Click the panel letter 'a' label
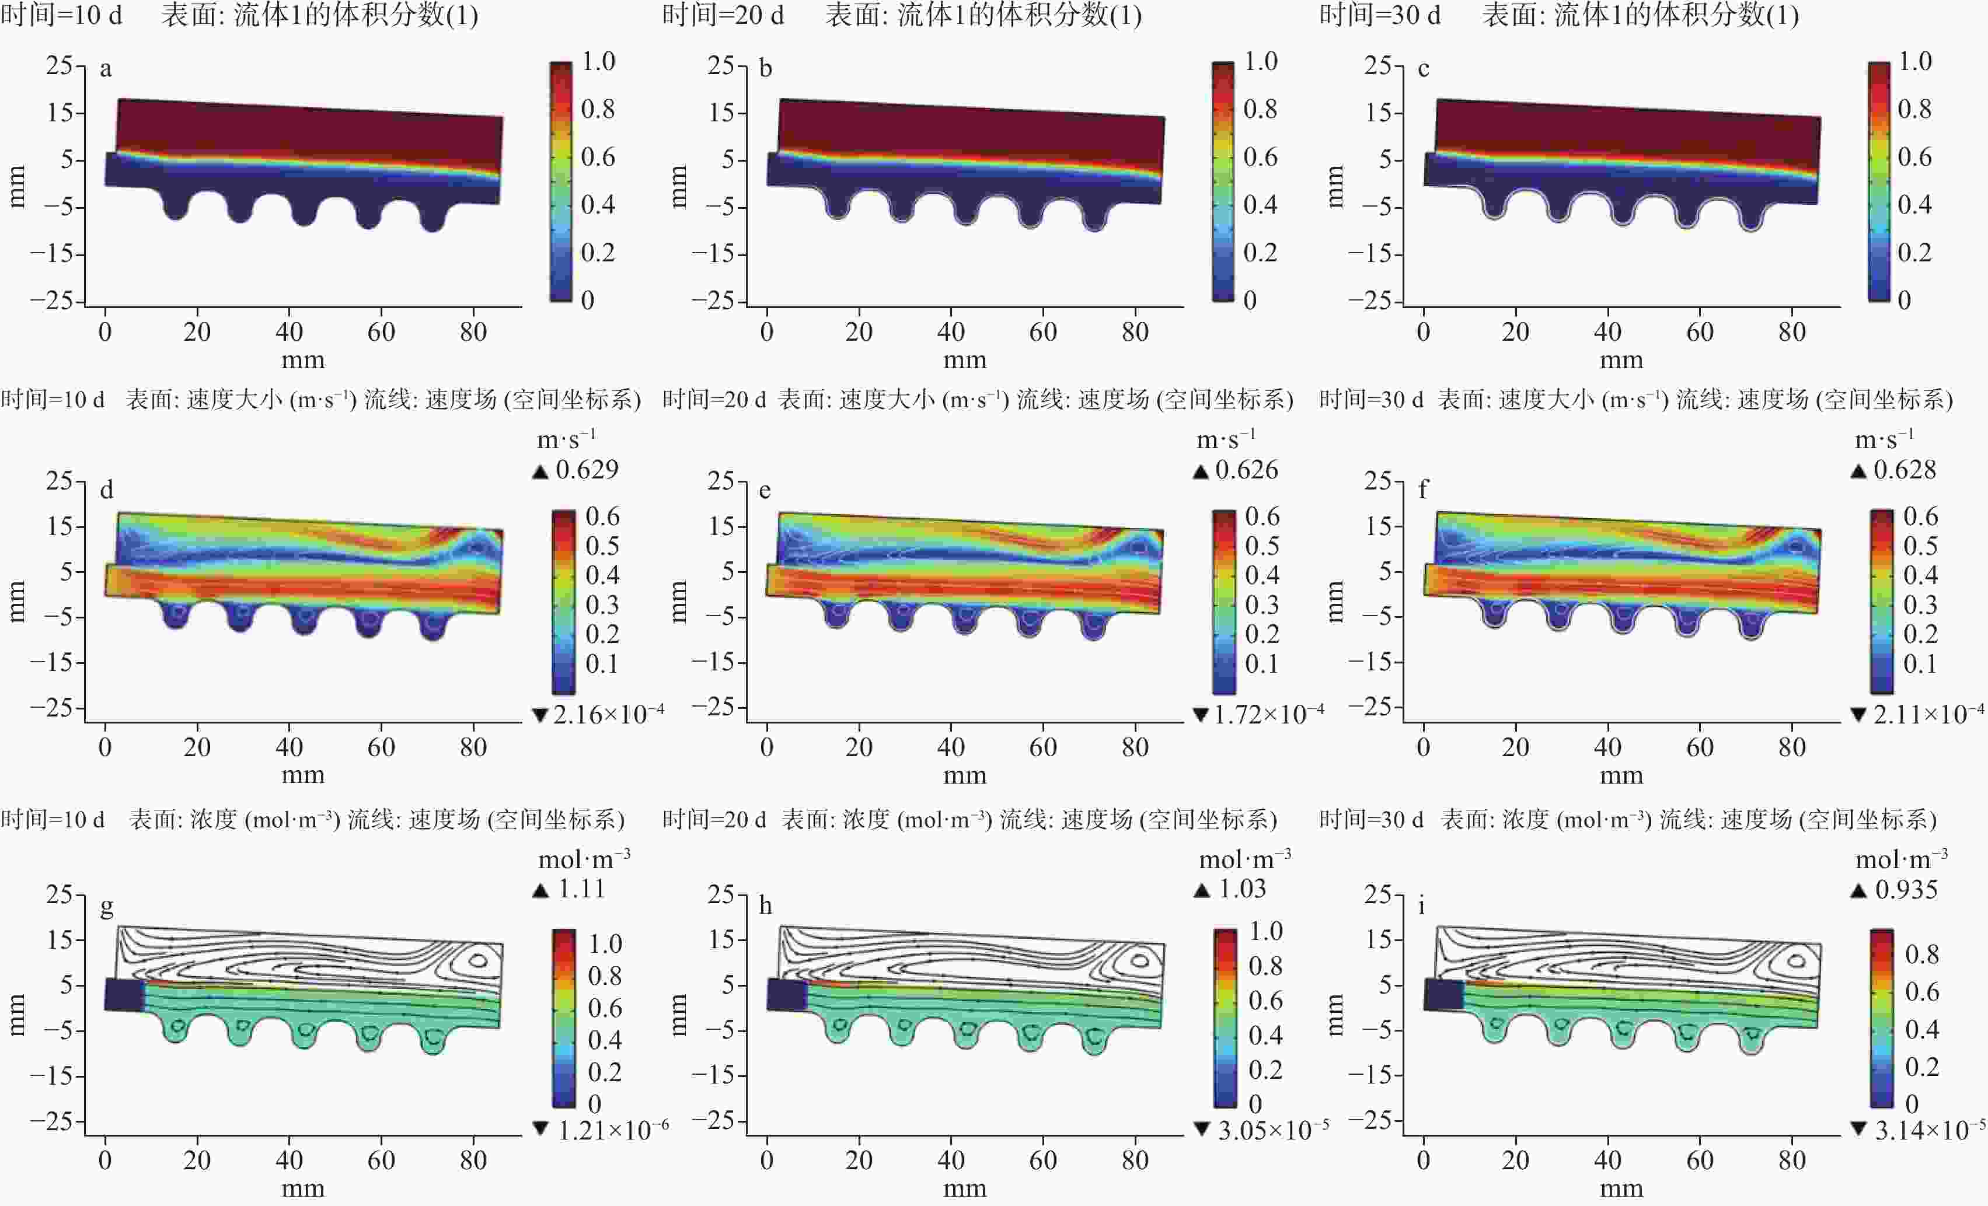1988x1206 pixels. click(106, 69)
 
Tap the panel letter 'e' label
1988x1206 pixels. click(765, 491)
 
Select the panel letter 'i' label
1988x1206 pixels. click(1422, 906)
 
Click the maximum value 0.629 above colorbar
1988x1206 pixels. click(587, 470)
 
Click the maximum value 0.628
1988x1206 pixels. click(1904, 470)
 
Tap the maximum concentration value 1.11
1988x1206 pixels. click(581, 889)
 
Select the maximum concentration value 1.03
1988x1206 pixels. click(1241, 889)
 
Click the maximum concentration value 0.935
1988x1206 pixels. click(1906, 890)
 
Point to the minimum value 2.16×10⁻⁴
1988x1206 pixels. click(608, 714)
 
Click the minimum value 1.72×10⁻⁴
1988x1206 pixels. click(1268, 714)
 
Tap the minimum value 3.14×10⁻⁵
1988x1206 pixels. click(1929, 1130)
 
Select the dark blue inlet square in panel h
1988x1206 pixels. click(786, 995)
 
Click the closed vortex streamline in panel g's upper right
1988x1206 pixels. click(477, 960)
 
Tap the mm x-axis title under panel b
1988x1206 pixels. click(964, 360)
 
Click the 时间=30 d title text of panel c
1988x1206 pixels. click(1380, 15)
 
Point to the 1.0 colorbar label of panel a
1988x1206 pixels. click(598, 61)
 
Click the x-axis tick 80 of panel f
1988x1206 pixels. click(1791, 747)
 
